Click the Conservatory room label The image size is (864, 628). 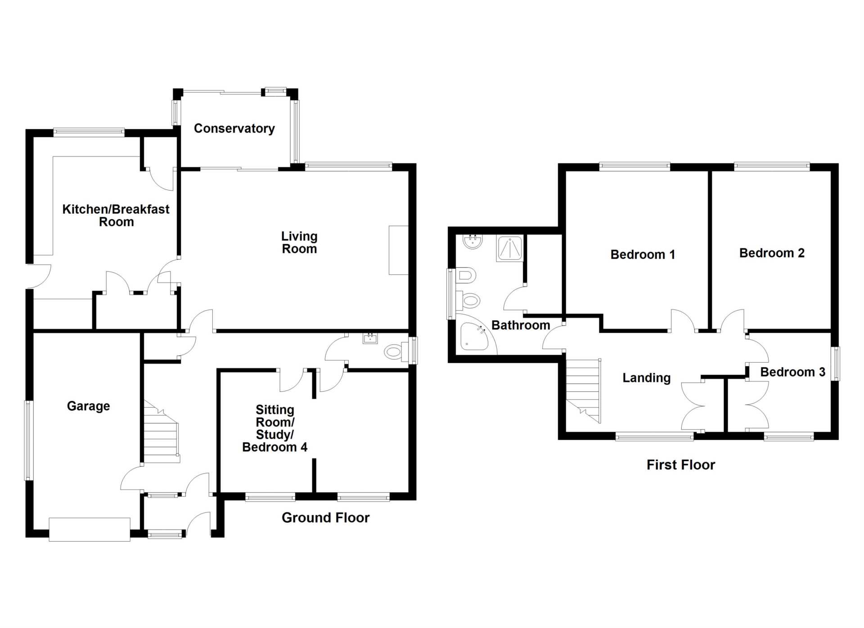[x=234, y=129]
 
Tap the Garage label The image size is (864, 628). [x=88, y=406]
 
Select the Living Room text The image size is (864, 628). [x=299, y=242]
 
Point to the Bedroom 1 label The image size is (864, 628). [x=643, y=255]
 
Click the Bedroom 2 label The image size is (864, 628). [x=772, y=253]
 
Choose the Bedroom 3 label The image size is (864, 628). [x=792, y=372]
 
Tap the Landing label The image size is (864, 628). [x=646, y=378]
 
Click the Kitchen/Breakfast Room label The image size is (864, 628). [x=116, y=215]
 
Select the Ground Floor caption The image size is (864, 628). [x=325, y=518]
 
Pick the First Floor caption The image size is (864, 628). [x=681, y=465]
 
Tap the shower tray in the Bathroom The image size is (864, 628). [x=510, y=248]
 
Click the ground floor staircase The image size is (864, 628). [x=161, y=432]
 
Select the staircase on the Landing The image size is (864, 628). [x=583, y=391]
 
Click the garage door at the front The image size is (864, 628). [x=90, y=529]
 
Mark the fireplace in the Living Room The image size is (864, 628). [x=399, y=250]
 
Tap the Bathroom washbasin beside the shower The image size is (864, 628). [x=472, y=242]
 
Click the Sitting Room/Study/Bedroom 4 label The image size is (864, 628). [x=274, y=428]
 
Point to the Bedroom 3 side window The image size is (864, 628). [x=835, y=363]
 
